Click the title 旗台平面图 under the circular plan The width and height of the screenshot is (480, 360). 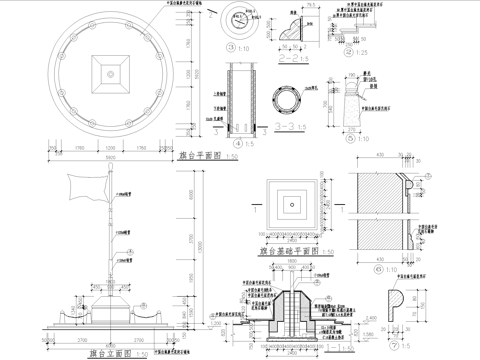201,156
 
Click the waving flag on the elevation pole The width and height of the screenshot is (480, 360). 89,188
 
